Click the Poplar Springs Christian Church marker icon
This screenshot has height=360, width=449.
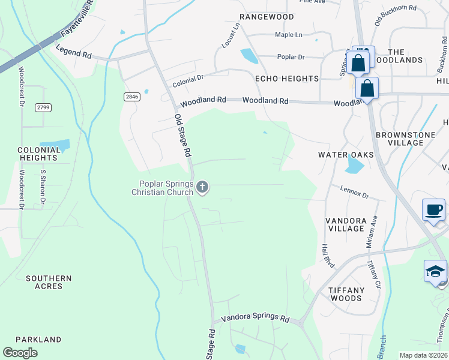click(x=202, y=188)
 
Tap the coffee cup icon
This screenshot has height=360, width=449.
click(x=433, y=210)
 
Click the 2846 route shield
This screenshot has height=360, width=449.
click(x=131, y=97)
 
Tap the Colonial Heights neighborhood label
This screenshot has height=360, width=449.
click(x=38, y=154)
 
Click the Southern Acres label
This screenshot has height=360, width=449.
click(x=49, y=282)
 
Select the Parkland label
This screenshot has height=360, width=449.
click(x=38, y=340)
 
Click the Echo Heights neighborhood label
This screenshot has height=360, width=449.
click(x=287, y=79)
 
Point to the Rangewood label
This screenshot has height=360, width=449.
click(x=267, y=17)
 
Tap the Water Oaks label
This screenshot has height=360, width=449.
click(x=346, y=155)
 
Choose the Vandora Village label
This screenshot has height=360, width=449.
click(x=346, y=224)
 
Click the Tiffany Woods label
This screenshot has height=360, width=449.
click(x=346, y=294)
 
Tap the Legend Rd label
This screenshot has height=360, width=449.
click(x=73, y=54)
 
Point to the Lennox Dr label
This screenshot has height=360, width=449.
click(x=354, y=193)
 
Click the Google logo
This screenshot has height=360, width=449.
click(x=20, y=353)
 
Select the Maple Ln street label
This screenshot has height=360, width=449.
click(x=289, y=35)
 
